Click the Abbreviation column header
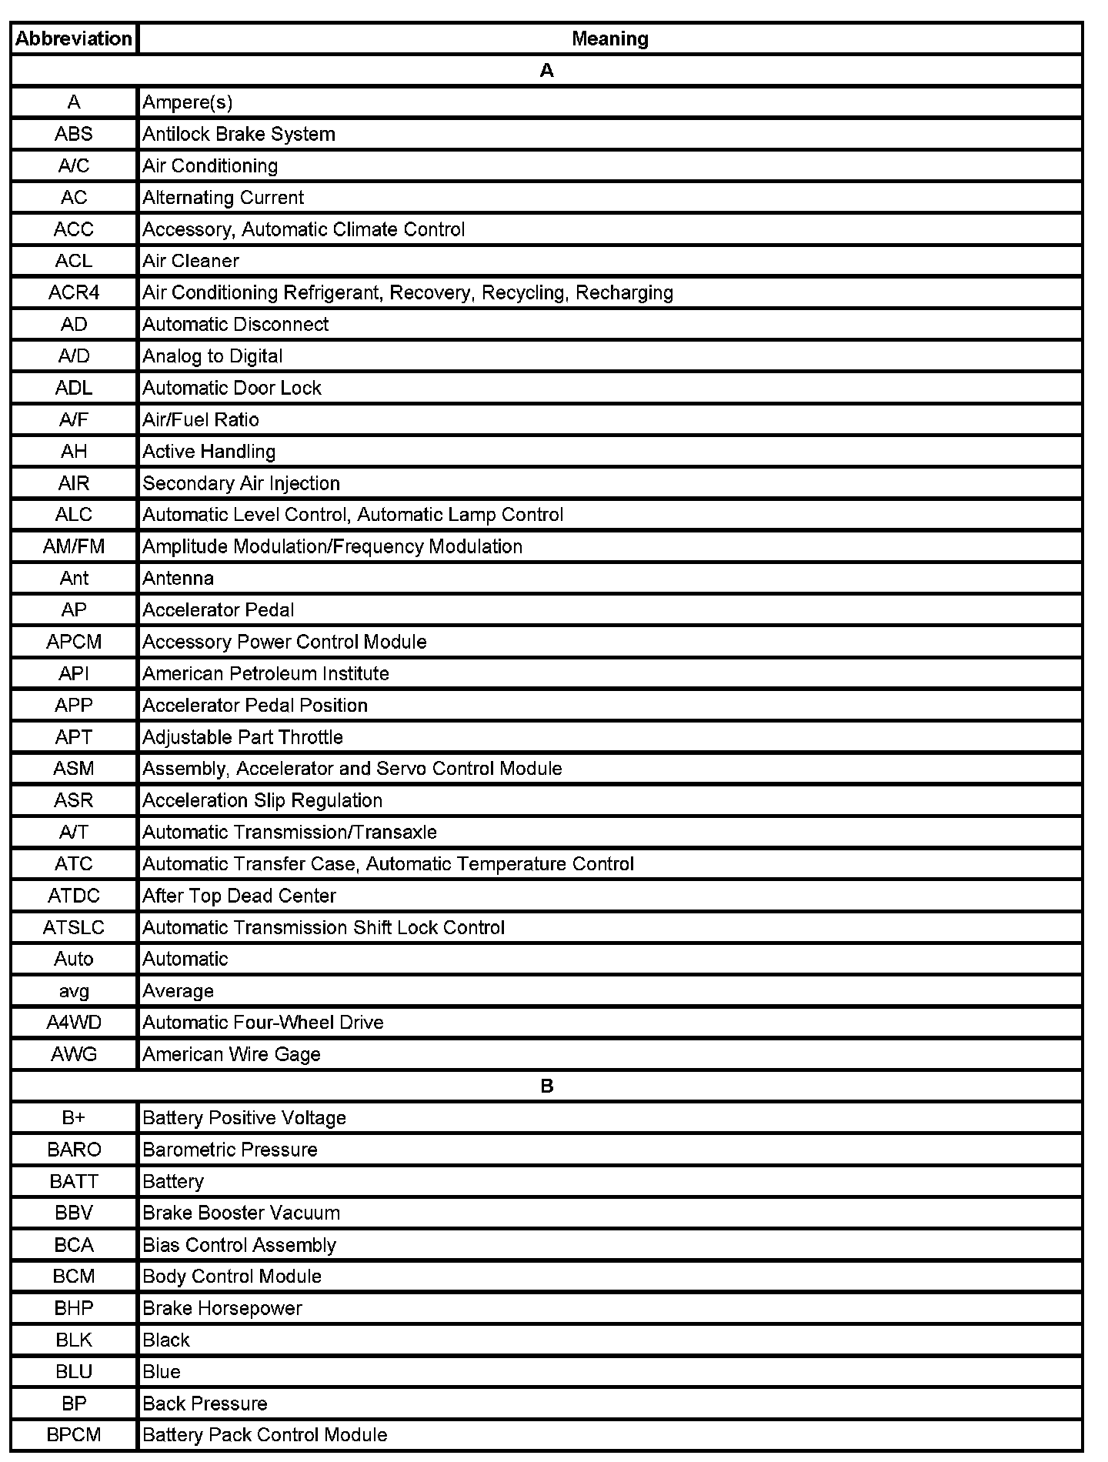[x=74, y=38]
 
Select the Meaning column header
[x=609, y=38]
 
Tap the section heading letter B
[x=547, y=1086]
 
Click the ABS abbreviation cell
[x=74, y=134]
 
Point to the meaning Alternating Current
[x=223, y=198]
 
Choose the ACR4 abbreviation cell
[x=74, y=292]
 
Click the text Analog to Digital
[x=212, y=356]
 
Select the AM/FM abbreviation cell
[x=74, y=546]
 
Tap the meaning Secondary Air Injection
[x=241, y=483]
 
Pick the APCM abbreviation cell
[x=74, y=642]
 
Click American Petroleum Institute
[x=265, y=673]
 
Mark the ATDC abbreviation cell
[x=74, y=896]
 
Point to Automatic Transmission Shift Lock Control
[x=323, y=927]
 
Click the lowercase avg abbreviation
[x=74, y=991]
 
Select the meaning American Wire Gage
[x=231, y=1054]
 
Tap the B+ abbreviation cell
[x=74, y=1117]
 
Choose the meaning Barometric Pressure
[x=229, y=1150]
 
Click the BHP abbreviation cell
[x=74, y=1308]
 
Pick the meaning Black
[x=166, y=1340]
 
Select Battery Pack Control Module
[x=265, y=1434]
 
